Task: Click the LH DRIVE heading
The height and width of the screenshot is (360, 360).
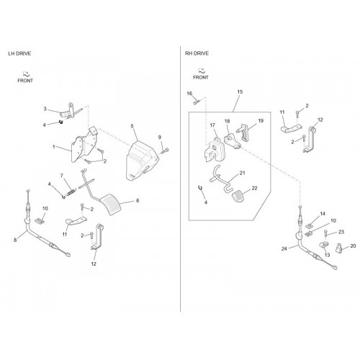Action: tap(19, 53)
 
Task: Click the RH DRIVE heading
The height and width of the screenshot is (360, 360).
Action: tap(197, 53)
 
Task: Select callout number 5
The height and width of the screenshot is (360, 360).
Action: tap(132, 126)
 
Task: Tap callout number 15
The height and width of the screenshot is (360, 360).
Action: tap(240, 91)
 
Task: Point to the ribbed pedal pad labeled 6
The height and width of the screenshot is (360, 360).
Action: tap(110, 204)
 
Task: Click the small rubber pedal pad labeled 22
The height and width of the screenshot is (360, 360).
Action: tap(239, 197)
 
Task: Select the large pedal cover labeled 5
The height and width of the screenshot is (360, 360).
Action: tap(142, 161)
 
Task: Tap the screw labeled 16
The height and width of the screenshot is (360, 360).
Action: tap(197, 102)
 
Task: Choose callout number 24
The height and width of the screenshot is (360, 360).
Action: tap(284, 249)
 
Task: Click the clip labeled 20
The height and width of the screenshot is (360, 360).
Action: tap(339, 247)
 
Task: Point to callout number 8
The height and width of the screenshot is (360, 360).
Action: tap(15, 240)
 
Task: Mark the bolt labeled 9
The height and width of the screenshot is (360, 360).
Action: tap(166, 151)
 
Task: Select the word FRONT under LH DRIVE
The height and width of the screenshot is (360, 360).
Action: tap(25, 81)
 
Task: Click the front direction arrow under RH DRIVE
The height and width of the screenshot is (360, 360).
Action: tap(202, 71)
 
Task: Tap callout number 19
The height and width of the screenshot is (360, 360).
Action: tap(261, 121)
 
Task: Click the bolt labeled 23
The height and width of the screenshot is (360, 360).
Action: tap(325, 234)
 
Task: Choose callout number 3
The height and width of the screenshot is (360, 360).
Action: tap(45, 109)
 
